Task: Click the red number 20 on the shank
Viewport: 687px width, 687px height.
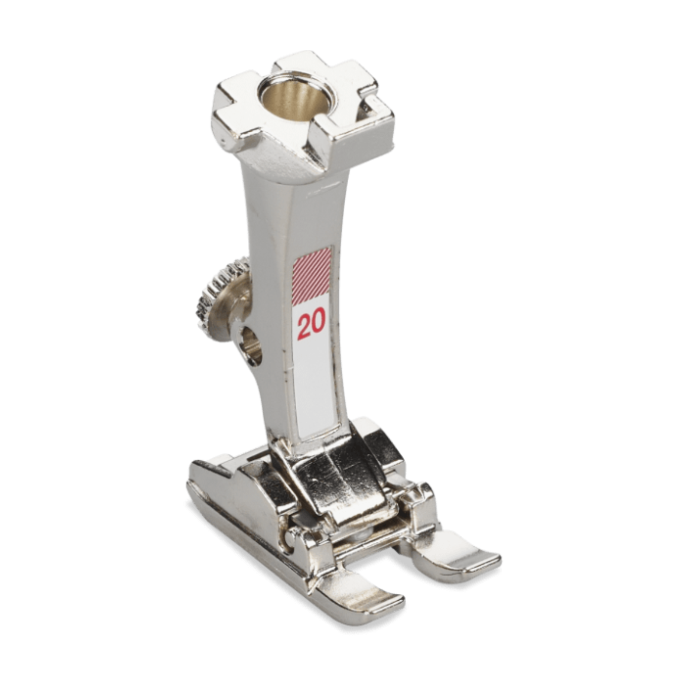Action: click(x=311, y=323)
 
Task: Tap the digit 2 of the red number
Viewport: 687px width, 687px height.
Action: click(x=304, y=324)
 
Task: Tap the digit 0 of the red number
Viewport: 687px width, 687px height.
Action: click(x=318, y=323)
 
